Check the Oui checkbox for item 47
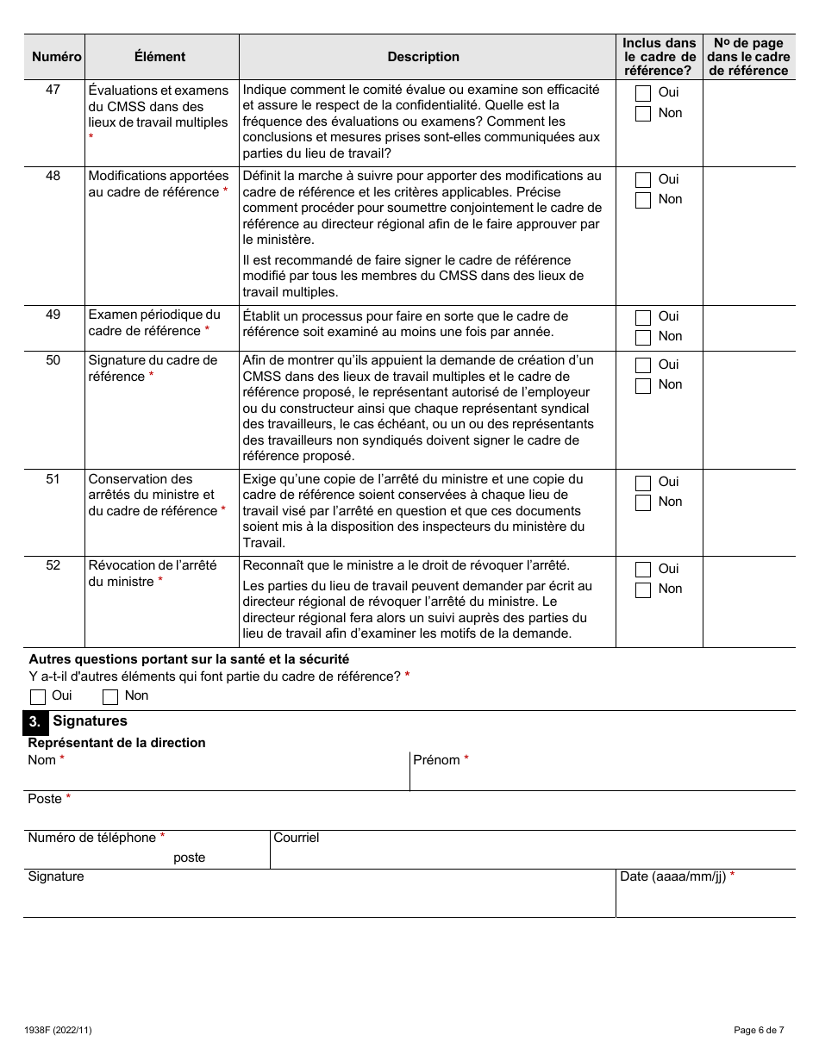pyautogui.click(x=643, y=93)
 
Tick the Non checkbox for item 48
pyautogui.click(x=643, y=200)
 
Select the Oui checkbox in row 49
pyautogui.click(x=643, y=317)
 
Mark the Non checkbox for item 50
pyautogui.click(x=643, y=385)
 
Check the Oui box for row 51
pyautogui.click(x=643, y=483)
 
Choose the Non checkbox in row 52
pyautogui.click(x=643, y=589)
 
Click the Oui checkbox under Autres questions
pyautogui.click(x=38, y=696)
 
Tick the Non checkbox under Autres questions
pyautogui.click(x=110, y=696)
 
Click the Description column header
pyautogui.click(x=423, y=57)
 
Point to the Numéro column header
pyautogui.click(x=57, y=57)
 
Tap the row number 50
pyautogui.click(x=53, y=360)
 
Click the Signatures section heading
pyautogui.click(x=90, y=721)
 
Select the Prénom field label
pyautogui.click(x=436, y=760)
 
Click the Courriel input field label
pyautogui.click(x=297, y=838)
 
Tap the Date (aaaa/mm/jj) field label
pyautogui.click(x=672, y=876)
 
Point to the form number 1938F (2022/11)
pyautogui.click(x=59, y=1030)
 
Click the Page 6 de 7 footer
pyautogui.click(x=759, y=1030)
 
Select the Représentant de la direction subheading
pyautogui.click(x=117, y=743)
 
